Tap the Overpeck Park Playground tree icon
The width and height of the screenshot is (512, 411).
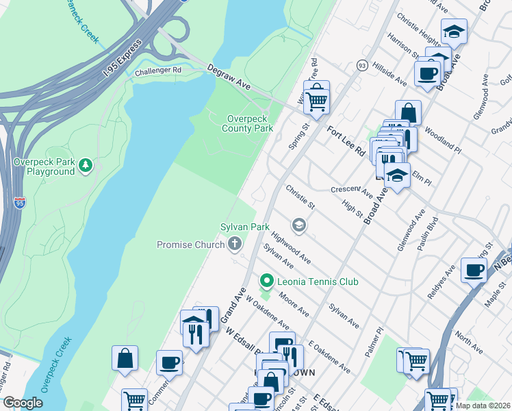point(86,164)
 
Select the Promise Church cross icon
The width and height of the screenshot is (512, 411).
point(235,244)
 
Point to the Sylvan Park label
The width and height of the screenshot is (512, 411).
point(244,227)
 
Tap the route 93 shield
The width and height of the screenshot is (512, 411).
point(361,64)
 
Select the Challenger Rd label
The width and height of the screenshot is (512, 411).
point(157,71)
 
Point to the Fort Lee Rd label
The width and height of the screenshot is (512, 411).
point(346,142)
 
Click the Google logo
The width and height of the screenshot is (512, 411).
point(23,403)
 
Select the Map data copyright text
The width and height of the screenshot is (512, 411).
point(483,406)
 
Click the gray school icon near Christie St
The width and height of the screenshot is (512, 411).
point(298,225)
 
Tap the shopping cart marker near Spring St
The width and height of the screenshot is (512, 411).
point(316,99)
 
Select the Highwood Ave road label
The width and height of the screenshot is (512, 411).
point(291,247)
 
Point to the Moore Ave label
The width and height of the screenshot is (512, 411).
point(294,306)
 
